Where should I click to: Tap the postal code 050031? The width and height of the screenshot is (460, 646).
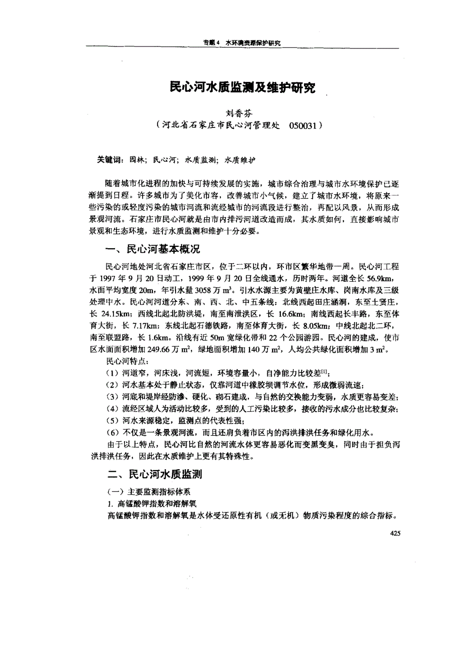(302, 125)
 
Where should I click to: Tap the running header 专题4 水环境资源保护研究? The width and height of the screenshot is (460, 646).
(241, 43)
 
